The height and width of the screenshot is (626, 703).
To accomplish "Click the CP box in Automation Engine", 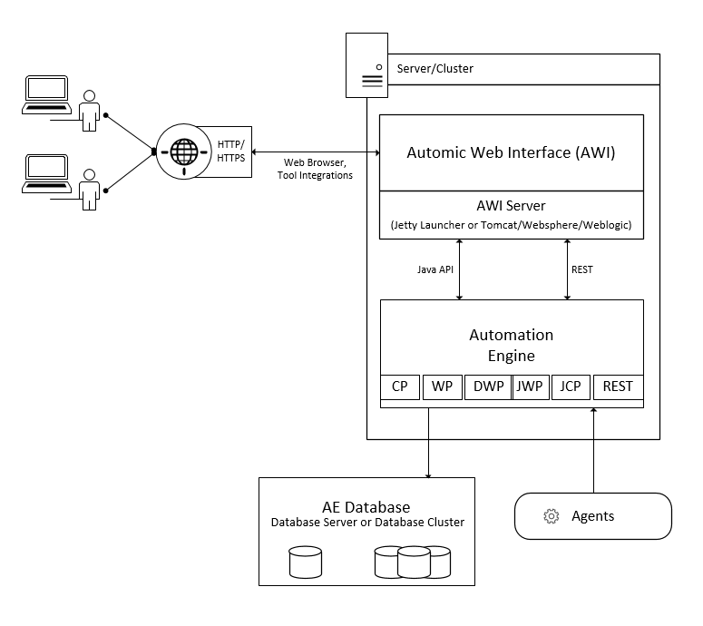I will tap(400, 386).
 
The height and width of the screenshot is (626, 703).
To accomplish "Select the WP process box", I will tap(442, 386).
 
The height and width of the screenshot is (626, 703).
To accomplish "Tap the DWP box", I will tap(488, 386).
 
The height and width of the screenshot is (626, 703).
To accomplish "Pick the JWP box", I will tap(529, 386).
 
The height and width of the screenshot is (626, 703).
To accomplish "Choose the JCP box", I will tap(571, 386).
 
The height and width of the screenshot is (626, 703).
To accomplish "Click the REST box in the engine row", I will tap(618, 386).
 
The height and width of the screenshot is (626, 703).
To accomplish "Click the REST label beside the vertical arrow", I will tap(582, 269).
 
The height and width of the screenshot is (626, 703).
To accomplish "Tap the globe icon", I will tap(183, 149).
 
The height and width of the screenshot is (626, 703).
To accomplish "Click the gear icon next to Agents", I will tap(551, 516).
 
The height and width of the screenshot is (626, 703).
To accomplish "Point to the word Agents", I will tap(592, 516).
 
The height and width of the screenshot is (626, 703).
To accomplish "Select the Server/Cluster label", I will tap(435, 68).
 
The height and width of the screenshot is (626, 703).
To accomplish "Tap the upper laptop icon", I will tap(45, 92).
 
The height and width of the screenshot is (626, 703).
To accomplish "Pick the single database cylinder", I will tap(306, 562).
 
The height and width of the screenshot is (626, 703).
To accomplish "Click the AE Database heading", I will tap(366, 507).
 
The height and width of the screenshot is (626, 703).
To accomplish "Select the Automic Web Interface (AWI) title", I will tap(511, 152).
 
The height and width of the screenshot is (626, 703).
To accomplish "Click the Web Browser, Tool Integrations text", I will tap(314, 169).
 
